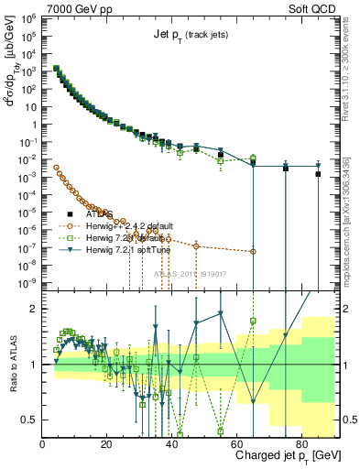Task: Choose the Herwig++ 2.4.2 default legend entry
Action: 133,225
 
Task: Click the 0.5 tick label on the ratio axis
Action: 30,420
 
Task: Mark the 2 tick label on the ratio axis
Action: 35,309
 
